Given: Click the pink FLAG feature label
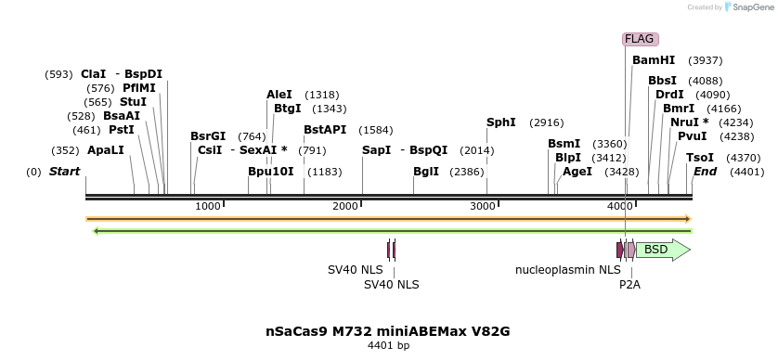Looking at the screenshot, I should pyautogui.click(x=640, y=39).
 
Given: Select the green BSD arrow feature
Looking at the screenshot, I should pyautogui.click(x=662, y=250).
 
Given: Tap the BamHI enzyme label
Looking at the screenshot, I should pyautogui.click(x=654, y=60).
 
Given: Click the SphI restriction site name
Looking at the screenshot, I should pyautogui.click(x=501, y=122).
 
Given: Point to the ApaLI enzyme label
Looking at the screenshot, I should pyautogui.click(x=105, y=150).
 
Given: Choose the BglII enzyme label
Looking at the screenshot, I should pyautogui.click(x=426, y=172).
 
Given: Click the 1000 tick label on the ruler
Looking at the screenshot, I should pyautogui.click(x=208, y=205).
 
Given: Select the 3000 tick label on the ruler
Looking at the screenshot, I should pyautogui.click(x=483, y=205).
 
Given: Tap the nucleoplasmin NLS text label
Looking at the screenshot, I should pyautogui.click(x=568, y=270).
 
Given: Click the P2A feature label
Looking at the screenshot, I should pyautogui.click(x=629, y=285).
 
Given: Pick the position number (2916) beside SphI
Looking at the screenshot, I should pyautogui.click(x=546, y=122).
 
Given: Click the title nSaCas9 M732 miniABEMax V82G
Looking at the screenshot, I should pyautogui.click(x=388, y=330).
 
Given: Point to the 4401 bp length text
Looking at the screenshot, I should pyautogui.click(x=388, y=346).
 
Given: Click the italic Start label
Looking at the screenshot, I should pyautogui.click(x=64, y=172).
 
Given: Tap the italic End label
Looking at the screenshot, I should pyautogui.click(x=705, y=172).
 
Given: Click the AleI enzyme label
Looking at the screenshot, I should pyautogui.click(x=279, y=95).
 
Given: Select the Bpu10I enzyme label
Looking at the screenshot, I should pyautogui.click(x=271, y=172).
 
